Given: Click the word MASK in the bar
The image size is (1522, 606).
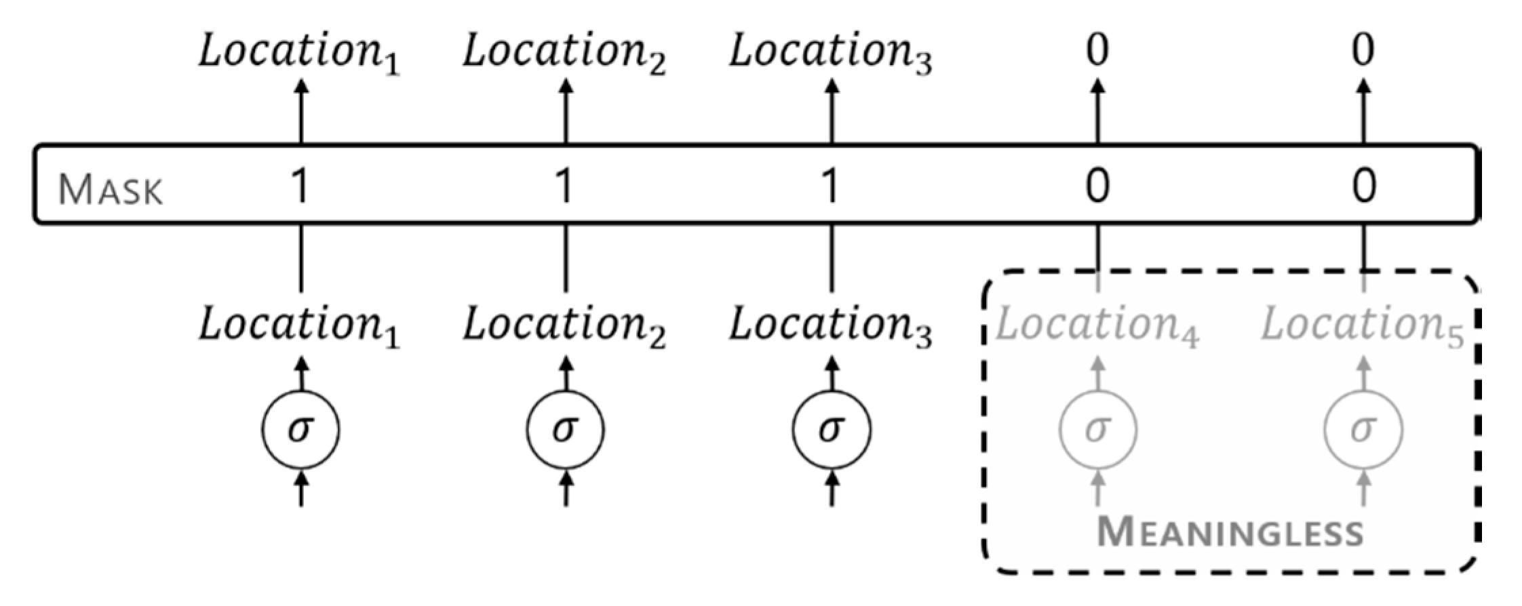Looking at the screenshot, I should click(111, 190).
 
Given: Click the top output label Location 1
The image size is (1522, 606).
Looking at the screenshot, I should click(299, 53).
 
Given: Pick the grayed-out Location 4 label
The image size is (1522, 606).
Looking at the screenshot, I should click(1096, 326).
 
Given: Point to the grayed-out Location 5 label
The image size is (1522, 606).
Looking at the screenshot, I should click(1362, 326).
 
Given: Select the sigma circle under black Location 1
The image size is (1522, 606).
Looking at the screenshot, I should click(300, 430).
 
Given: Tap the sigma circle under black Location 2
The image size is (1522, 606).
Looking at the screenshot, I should click(566, 430).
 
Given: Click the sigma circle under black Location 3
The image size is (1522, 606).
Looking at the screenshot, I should click(832, 430).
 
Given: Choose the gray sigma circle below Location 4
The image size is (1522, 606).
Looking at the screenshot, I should click(1098, 430).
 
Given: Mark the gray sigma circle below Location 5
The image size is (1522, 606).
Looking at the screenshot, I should click(1363, 430).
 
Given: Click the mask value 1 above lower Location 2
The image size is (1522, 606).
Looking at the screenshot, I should click(564, 186).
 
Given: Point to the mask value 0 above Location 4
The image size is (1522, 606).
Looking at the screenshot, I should click(1097, 186).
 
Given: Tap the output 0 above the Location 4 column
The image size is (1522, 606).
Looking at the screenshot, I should click(1097, 49).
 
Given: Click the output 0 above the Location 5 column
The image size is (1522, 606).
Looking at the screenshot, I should click(1363, 49).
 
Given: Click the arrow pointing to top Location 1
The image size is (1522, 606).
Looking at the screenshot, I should click(300, 111).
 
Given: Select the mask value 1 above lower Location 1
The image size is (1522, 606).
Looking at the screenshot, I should click(299, 186).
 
